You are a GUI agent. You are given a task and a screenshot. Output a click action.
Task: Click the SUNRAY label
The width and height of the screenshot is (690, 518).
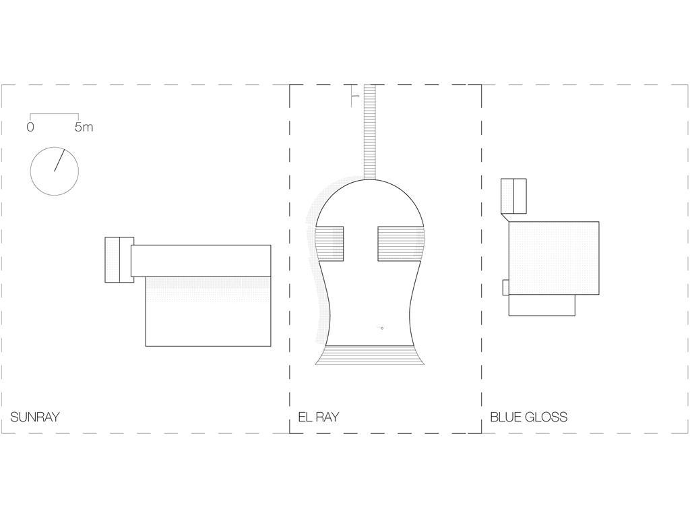coord(35,417)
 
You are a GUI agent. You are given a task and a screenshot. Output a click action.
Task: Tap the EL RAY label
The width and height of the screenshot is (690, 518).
coord(319,417)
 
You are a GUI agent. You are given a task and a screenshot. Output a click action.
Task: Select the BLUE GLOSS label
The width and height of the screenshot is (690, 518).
coord(528,417)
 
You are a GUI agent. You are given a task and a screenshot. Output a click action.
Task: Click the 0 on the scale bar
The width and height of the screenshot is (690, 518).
coord(30,127)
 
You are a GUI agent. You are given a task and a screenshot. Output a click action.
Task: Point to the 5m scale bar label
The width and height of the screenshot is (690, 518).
coord(84,127)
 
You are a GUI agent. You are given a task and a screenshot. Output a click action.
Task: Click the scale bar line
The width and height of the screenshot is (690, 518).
coord(54,114)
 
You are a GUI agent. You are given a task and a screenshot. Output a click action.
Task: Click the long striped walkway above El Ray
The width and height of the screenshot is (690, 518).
coord(370,132)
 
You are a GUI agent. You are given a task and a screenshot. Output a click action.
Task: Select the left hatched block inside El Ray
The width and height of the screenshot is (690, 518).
coord(330,243)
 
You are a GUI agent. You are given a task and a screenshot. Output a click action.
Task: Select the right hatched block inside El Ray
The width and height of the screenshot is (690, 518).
coord(402,243)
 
